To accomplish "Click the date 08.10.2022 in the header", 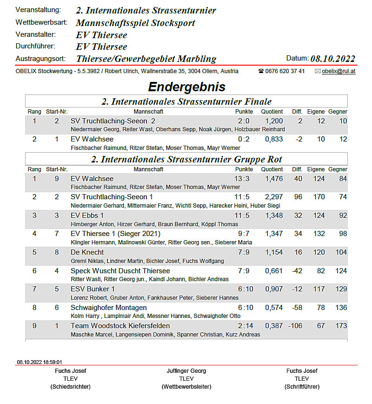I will pyautogui.click(x=332, y=59).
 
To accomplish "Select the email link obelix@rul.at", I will pyautogui.click(x=339, y=71).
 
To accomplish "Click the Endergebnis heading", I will pyautogui.click(x=186, y=87).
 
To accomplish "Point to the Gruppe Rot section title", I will pyautogui.click(x=186, y=159).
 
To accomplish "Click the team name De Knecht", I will pyautogui.click(x=87, y=252).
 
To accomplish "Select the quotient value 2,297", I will pyautogui.click(x=274, y=197).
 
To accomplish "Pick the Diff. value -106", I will pyautogui.click(x=295, y=326).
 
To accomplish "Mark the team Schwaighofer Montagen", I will pyautogui.click(x=108, y=308).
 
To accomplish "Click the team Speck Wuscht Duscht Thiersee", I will pyautogui.click(x=120, y=270).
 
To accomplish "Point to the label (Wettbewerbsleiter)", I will pyautogui.click(x=186, y=387).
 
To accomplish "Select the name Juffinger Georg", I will pyautogui.click(x=186, y=371).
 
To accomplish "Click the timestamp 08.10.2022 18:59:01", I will pyautogui.click(x=40, y=362).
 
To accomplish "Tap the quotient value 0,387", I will pyautogui.click(x=274, y=326).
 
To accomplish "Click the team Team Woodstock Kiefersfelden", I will pyautogui.click(x=120, y=326).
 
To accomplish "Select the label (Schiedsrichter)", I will pyautogui.click(x=70, y=387).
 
